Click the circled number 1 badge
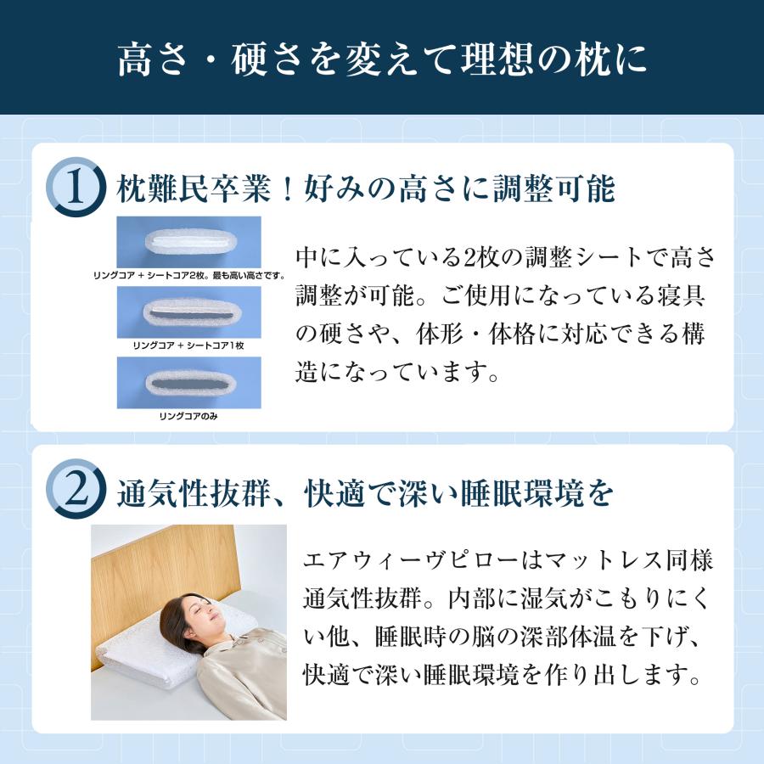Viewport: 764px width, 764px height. point(76,188)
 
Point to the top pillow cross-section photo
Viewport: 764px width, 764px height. point(188,241)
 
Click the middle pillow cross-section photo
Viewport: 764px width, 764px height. point(188,312)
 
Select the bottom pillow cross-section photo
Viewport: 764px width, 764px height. point(188,382)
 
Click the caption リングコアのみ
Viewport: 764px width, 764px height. point(188,417)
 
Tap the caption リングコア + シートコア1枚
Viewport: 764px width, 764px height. point(188,346)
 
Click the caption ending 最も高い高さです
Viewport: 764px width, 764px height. point(246,276)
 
